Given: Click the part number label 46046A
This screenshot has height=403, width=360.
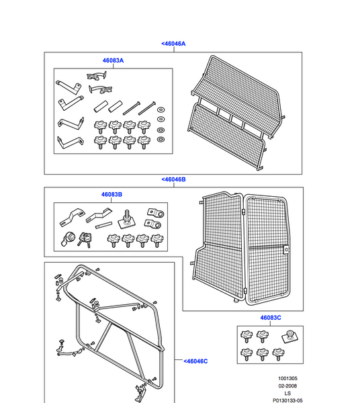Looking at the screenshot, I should (173, 44).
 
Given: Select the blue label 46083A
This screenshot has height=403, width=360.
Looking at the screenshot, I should (113, 60).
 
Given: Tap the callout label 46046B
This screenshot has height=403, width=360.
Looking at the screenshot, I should (173, 179).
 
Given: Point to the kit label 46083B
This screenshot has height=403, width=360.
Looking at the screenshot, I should (111, 195).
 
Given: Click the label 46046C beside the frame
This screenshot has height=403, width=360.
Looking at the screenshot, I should (195, 361).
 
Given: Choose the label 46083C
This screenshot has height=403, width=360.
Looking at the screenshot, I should (271, 317).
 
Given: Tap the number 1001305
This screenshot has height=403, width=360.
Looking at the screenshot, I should (287, 378).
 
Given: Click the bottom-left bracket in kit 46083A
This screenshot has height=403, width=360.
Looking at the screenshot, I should (69, 142).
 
